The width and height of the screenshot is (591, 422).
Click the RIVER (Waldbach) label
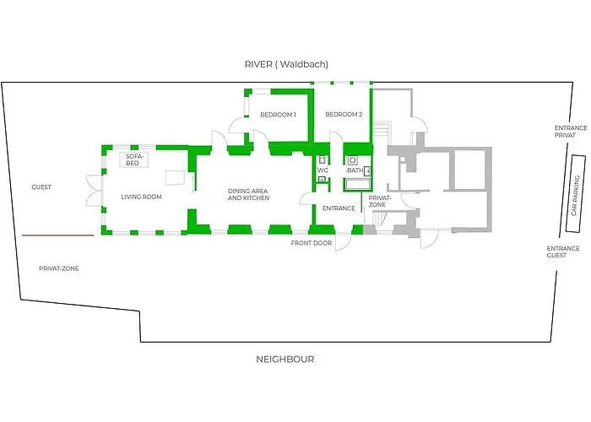[286, 64]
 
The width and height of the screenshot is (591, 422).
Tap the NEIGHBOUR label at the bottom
[285, 359]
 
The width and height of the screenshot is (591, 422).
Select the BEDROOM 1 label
[278, 115]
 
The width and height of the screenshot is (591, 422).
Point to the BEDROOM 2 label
[344, 115]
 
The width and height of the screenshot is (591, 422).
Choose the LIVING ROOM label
[141, 197]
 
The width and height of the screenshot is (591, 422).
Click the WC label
[323, 170]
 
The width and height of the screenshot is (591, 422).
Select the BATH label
[354, 170]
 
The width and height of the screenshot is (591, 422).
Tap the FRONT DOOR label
[311, 243]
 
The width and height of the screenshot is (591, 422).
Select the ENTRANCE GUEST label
[562, 251]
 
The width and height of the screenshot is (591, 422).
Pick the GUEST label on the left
[41, 187]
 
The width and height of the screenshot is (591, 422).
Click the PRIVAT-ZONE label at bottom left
[58, 268]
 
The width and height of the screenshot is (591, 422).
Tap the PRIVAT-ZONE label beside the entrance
[377, 202]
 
